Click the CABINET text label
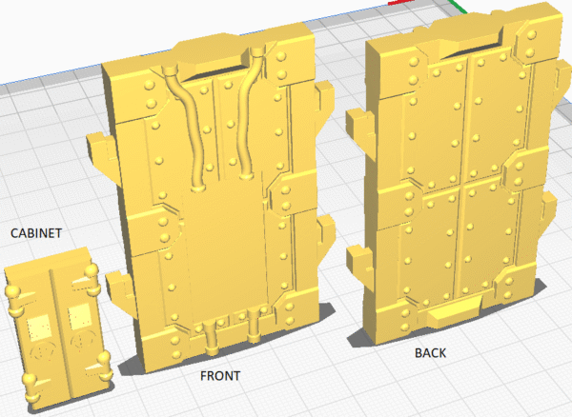36,233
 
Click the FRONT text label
220,376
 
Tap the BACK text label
431,353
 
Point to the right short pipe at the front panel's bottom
254,327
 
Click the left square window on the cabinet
39,328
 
